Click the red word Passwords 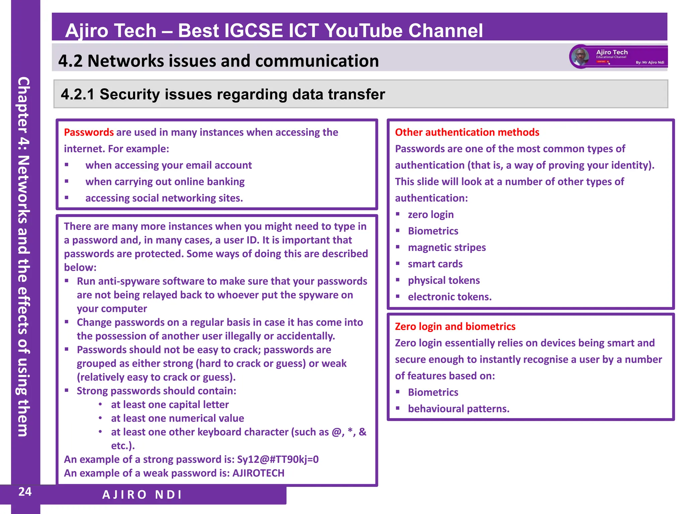[89, 133]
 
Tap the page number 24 [25, 492]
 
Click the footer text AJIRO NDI [142, 495]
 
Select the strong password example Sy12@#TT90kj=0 [278, 459]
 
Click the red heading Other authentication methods [467, 133]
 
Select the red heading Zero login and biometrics [455, 327]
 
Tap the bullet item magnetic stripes [447, 248]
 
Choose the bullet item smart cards [435, 264]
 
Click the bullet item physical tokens [444, 280]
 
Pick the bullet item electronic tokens [450, 297]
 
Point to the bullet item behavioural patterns [458, 409]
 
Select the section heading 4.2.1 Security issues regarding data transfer [223, 94]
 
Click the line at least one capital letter [170, 405]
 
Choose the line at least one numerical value [177, 418]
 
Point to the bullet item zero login [430, 215]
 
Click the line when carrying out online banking [165, 182]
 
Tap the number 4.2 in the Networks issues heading [70, 61]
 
